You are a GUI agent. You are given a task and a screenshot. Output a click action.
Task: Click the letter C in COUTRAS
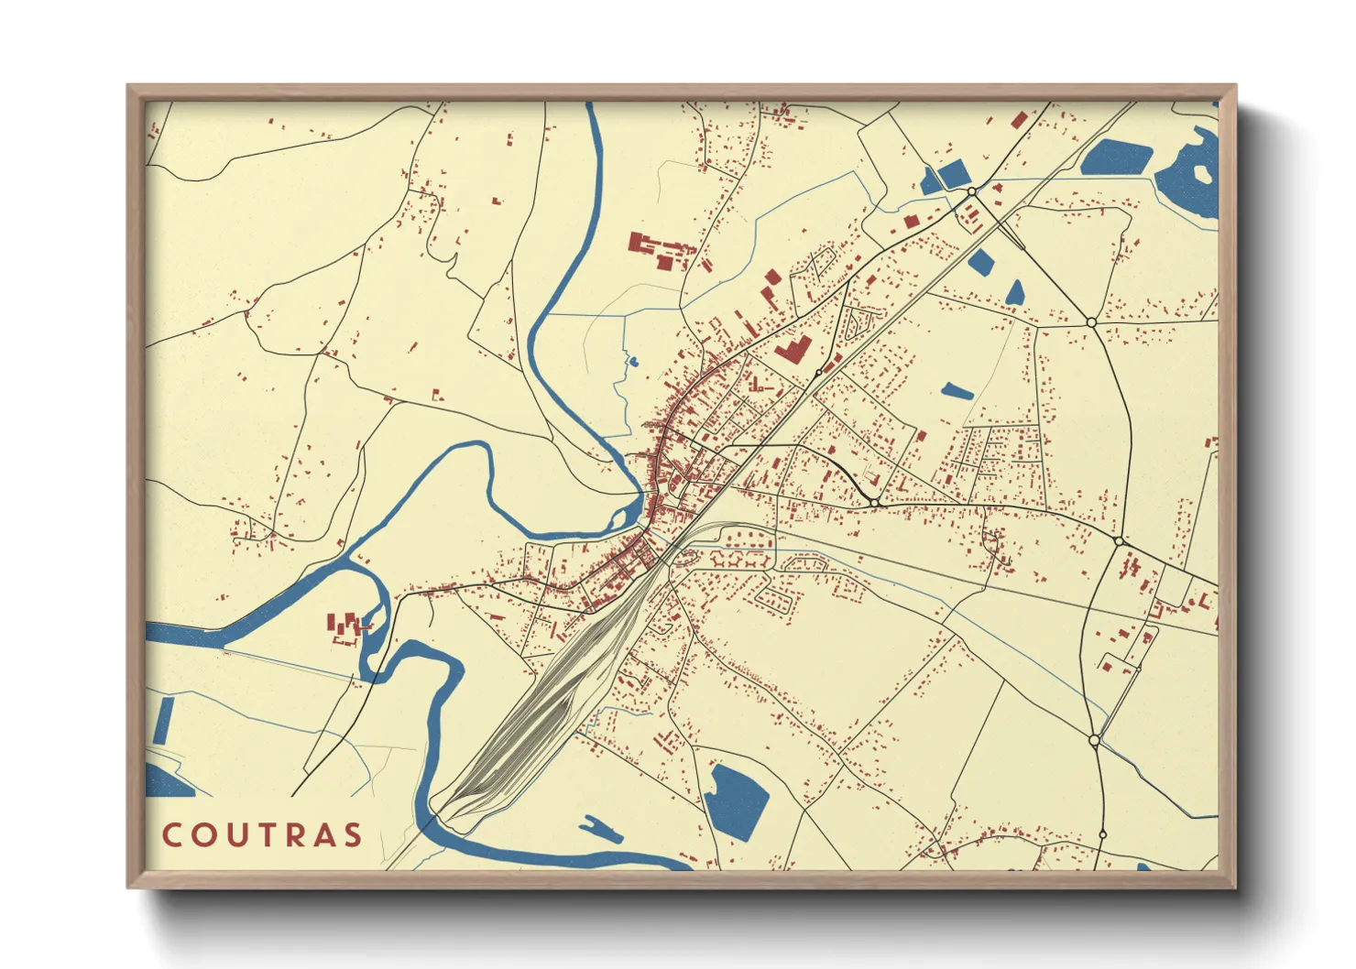coord(171,835)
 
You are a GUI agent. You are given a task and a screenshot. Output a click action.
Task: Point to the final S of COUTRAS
coord(352,835)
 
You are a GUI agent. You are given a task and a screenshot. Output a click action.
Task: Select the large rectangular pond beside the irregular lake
coord(1115,157)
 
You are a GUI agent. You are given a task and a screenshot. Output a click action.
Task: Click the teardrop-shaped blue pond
coord(1014,292)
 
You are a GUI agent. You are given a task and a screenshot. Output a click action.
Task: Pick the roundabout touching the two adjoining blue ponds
coord(971,191)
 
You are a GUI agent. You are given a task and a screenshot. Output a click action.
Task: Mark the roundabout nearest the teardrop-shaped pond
coord(1090,322)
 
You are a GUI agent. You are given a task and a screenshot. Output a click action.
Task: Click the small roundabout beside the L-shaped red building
coord(818,373)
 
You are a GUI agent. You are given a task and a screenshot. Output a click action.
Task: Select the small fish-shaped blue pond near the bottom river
coord(602,828)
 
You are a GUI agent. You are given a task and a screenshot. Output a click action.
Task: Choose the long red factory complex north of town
coord(660,249)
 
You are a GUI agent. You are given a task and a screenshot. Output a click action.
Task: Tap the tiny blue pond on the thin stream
coord(631,361)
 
